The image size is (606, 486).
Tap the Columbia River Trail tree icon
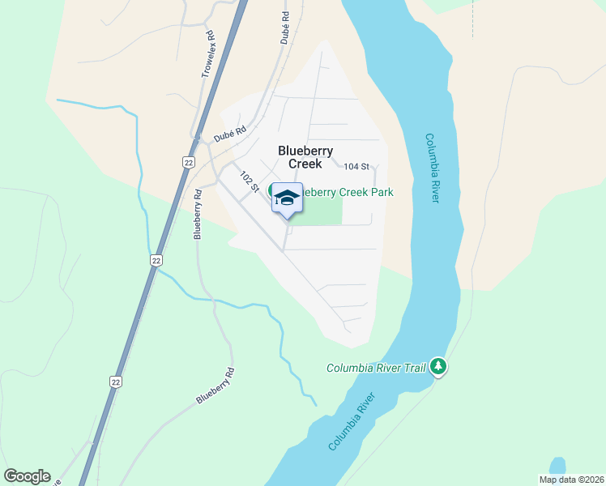[438, 367]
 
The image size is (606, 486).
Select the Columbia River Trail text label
[376, 368]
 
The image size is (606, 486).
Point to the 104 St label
[356, 166]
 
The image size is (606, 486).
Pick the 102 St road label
[249, 181]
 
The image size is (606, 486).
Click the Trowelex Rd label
[208, 55]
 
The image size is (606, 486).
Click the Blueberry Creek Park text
[348, 193]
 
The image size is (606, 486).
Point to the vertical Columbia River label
[431, 168]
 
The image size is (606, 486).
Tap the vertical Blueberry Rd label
[197, 214]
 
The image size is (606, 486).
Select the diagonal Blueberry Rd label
[215, 386]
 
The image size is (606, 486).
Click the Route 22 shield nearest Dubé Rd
[188, 162]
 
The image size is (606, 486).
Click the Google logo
[27, 476]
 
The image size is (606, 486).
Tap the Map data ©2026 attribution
[570, 480]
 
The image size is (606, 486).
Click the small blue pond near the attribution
[557, 467]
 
